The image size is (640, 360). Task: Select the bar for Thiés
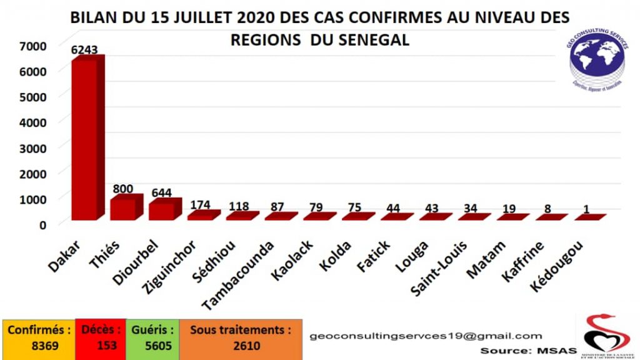click(x=124, y=208)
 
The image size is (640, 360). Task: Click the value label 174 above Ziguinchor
click(x=200, y=204)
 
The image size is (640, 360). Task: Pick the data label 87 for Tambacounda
click(x=277, y=207)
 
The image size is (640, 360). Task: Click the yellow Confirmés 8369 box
click(x=39, y=338)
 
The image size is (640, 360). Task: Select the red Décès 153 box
click(x=100, y=338)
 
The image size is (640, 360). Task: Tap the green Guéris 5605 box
click(x=152, y=338)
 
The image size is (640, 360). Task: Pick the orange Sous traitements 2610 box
click(x=241, y=338)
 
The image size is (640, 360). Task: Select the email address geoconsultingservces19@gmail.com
click(x=426, y=336)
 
